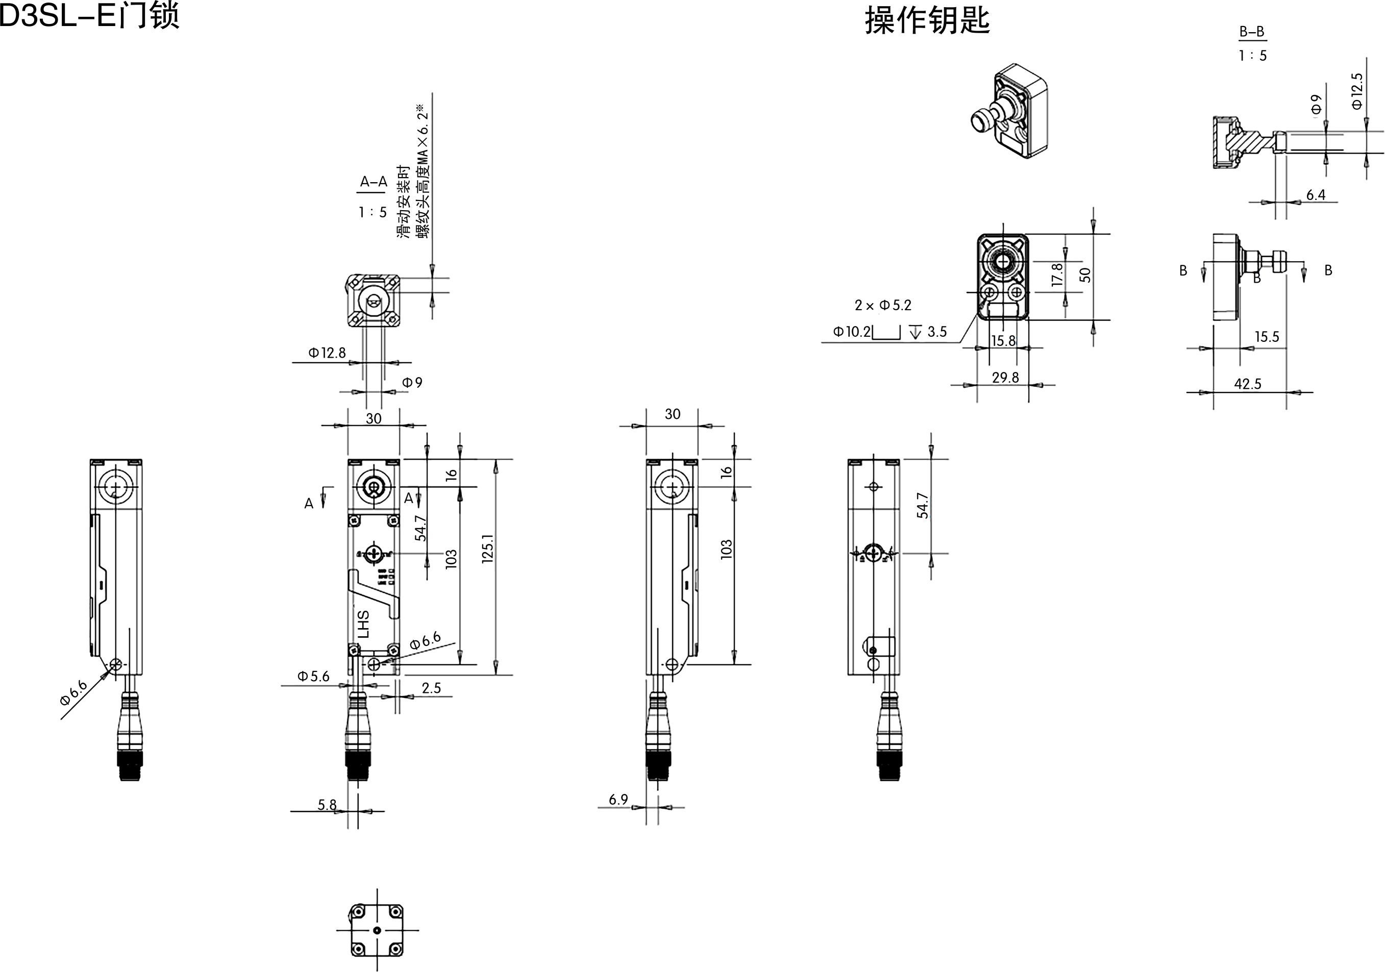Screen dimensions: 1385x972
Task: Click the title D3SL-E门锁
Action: pyautogui.click(x=89, y=16)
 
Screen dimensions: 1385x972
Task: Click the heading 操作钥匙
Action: pyautogui.click(x=928, y=20)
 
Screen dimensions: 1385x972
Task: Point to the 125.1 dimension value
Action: pyautogui.click(x=488, y=549)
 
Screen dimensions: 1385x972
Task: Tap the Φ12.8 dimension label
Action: pyautogui.click(x=328, y=353)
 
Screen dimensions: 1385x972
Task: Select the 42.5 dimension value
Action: pyautogui.click(x=1247, y=384)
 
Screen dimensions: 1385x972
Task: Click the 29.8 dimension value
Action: pyautogui.click(x=1005, y=378)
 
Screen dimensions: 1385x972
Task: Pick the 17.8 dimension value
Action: pyautogui.click(x=1057, y=275)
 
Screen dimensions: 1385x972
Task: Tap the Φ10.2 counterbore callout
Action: pyautogui.click(x=852, y=332)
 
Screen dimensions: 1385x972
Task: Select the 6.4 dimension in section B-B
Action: pyautogui.click(x=1316, y=195)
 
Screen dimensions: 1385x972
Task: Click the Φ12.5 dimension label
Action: pyautogui.click(x=1357, y=91)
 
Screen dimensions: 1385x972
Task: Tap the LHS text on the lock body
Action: pyautogui.click(x=363, y=625)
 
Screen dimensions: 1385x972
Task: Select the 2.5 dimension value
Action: pyautogui.click(x=431, y=688)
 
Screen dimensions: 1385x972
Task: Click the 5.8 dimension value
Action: pyautogui.click(x=327, y=804)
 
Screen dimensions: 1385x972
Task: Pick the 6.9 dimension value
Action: pyautogui.click(x=619, y=800)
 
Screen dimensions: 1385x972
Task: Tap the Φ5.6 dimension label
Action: pyautogui.click(x=314, y=677)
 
